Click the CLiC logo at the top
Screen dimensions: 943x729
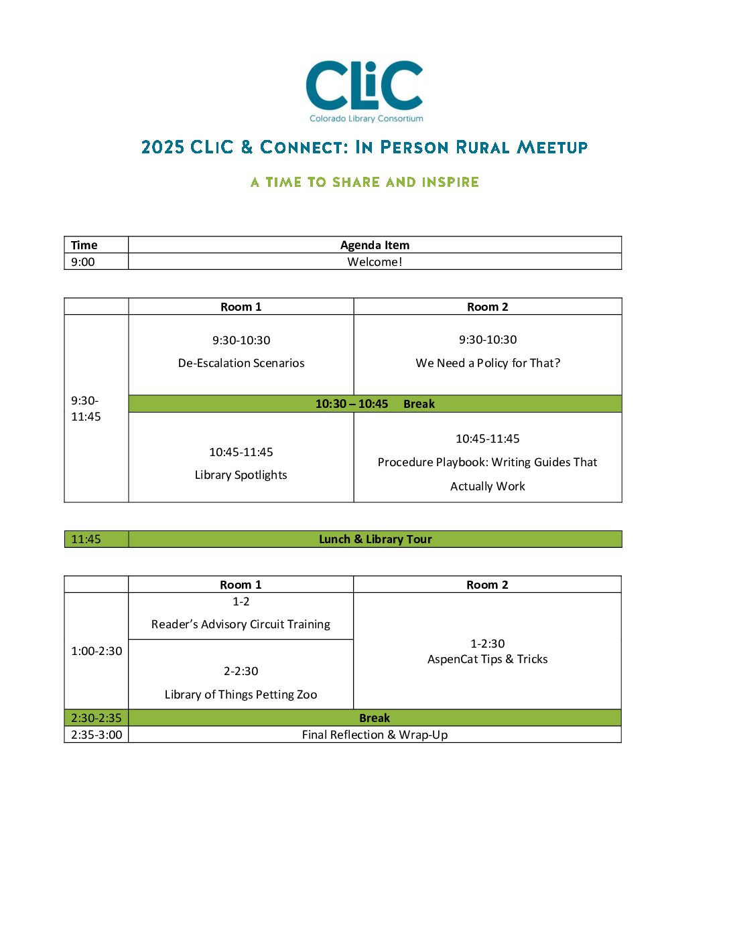[x=364, y=90]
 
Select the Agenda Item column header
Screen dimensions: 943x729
[x=375, y=245]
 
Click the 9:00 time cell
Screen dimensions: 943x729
[x=83, y=262]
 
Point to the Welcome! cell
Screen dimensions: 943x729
[x=375, y=262]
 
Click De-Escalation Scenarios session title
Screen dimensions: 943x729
[x=241, y=363]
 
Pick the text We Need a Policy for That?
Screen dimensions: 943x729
[x=488, y=363]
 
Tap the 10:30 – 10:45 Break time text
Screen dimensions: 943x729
[x=352, y=404]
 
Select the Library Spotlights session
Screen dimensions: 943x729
[x=241, y=475]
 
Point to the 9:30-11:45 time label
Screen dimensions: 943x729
[x=86, y=409]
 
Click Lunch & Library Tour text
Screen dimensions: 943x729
[x=375, y=539]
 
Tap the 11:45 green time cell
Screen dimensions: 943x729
[x=86, y=539]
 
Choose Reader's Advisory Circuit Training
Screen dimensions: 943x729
[x=241, y=624]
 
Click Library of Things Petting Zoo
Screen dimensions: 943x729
[x=241, y=695]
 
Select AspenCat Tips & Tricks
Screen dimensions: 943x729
[x=488, y=659]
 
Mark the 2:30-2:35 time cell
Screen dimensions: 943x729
[x=96, y=718]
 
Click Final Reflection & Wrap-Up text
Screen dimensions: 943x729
[x=375, y=735]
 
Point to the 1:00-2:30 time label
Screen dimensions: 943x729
[x=96, y=651]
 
